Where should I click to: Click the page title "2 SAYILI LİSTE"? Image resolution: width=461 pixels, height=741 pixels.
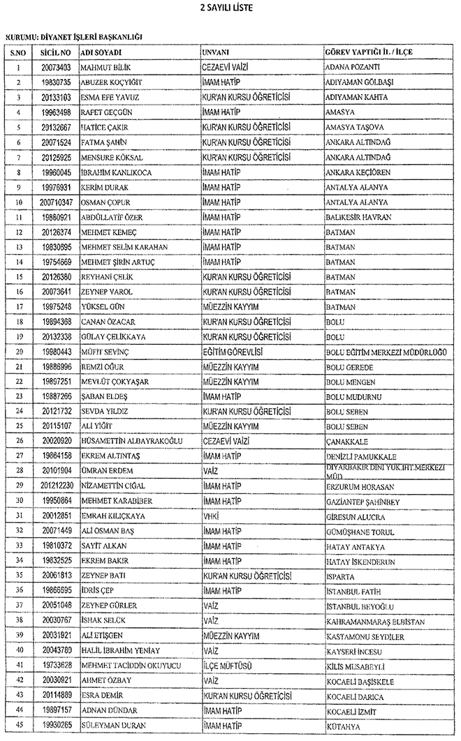[x=230, y=8]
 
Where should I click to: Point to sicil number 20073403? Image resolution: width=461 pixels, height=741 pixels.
[x=56, y=68]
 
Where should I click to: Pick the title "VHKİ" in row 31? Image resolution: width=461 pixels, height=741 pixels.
[x=210, y=516]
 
